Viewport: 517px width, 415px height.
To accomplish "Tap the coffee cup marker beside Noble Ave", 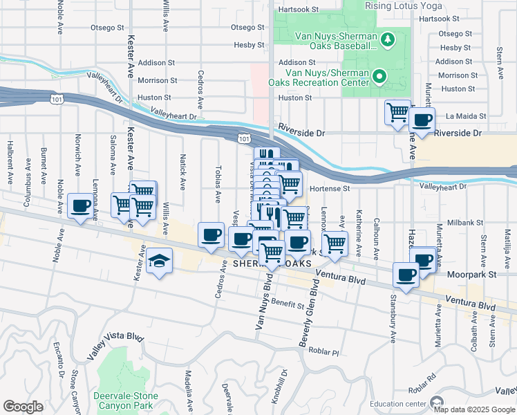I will point(81,206).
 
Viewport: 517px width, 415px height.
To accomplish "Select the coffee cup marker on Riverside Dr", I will point(421,120).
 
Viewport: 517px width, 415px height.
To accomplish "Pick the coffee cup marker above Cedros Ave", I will point(211,235).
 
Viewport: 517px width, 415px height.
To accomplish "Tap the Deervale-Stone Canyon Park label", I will point(126,400).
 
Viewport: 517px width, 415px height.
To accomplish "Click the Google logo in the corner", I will point(23,407).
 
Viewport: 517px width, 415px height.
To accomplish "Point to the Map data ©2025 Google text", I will point(474,409).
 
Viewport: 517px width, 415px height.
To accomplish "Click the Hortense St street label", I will point(330,188).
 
